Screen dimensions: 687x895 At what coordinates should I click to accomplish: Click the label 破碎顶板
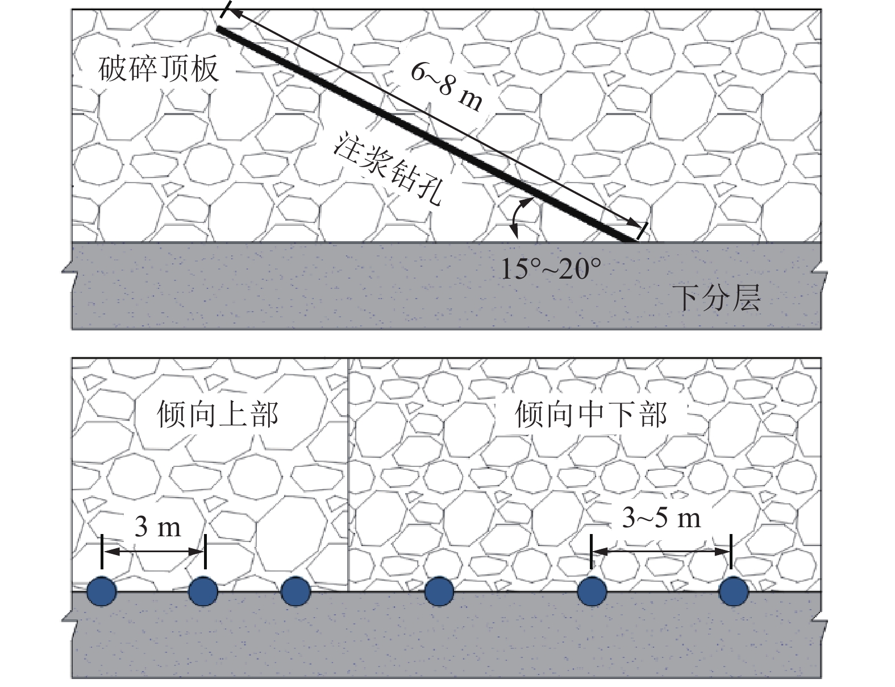tap(159, 70)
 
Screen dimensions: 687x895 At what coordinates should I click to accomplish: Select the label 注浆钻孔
tap(389, 171)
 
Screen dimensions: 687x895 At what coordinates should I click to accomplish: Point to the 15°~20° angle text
tap(550, 268)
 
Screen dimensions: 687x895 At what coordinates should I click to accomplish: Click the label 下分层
tap(717, 297)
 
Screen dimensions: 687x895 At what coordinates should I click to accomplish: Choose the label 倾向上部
tap(218, 414)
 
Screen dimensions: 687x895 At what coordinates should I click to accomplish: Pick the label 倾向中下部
tap(591, 414)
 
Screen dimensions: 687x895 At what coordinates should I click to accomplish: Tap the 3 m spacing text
tap(157, 527)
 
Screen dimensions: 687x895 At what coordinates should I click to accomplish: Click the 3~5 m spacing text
tap(661, 518)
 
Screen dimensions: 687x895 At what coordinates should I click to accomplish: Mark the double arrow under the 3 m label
tap(153, 552)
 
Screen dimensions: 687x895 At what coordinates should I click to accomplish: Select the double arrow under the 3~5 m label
tap(661, 551)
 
